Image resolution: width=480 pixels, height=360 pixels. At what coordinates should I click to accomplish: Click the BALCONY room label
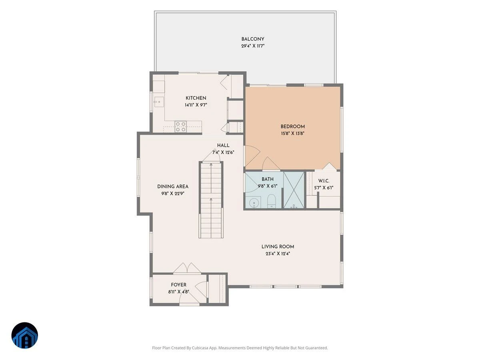pos(252,39)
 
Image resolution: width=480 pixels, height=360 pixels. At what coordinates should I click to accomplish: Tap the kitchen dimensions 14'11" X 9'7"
pos(196,105)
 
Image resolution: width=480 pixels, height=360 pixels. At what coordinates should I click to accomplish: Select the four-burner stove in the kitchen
pos(181,127)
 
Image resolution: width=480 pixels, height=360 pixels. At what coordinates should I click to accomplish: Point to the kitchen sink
pos(159,102)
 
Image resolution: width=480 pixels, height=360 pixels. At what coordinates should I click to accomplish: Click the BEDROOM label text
pos(292,126)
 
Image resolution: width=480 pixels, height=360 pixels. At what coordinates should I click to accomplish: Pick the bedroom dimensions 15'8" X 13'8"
pos(292,133)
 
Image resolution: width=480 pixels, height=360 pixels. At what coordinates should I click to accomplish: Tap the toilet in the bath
pos(271,201)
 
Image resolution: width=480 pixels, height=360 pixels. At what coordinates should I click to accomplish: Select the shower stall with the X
pos(294,190)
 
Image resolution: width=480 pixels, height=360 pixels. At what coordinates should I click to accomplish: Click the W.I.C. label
pos(324,181)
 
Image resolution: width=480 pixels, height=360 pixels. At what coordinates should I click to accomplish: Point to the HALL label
pos(223,145)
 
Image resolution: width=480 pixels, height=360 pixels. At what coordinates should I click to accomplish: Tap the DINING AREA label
pos(173,186)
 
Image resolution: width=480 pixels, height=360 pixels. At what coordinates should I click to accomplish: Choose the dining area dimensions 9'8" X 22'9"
pos(173,194)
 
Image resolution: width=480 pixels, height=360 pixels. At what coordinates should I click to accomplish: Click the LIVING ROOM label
pos(278,246)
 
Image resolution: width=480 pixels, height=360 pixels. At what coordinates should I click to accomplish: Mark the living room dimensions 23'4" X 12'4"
pos(278,254)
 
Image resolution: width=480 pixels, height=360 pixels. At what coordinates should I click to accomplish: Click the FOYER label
pos(179,284)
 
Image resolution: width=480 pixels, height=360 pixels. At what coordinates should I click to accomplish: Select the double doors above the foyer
pos(187,268)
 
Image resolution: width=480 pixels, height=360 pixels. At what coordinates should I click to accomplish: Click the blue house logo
pos(25,335)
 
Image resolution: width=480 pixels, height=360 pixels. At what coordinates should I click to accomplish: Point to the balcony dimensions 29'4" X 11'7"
pos(253,46)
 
